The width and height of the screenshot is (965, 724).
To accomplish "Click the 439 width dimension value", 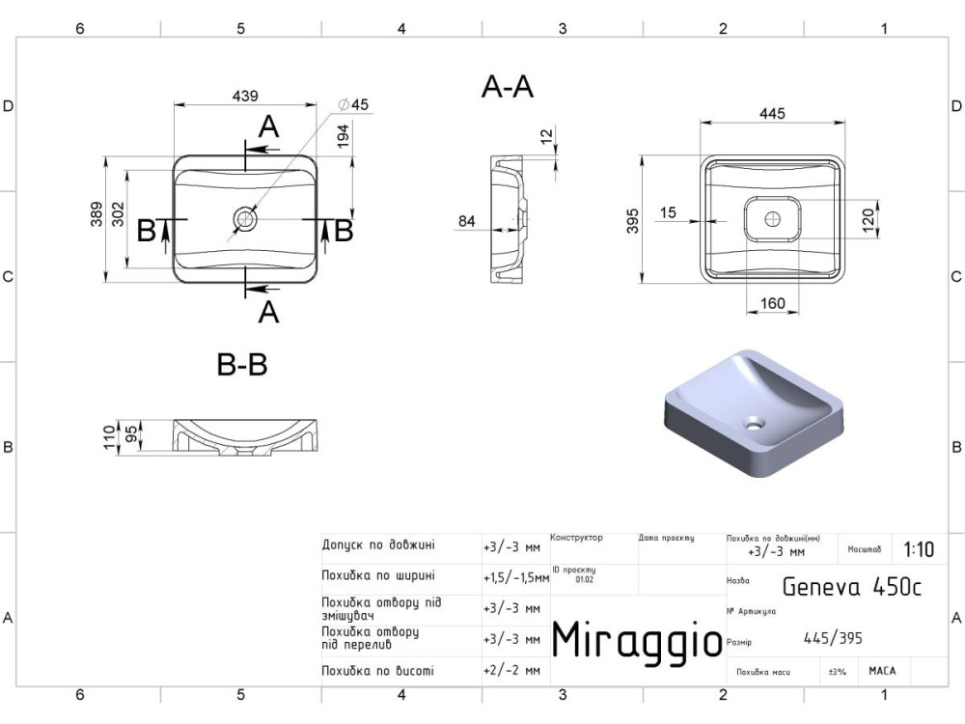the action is click(245, 96).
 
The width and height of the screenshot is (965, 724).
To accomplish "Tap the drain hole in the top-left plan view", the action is click(244, 220).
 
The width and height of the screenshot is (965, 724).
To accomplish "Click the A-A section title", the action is click(508, 88).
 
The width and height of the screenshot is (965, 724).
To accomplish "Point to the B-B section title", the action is click(241, 366).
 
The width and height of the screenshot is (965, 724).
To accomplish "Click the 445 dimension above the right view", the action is click(772, 113).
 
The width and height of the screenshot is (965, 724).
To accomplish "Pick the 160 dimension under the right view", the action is click(772, 304).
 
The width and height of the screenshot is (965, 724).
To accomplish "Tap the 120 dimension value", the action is click(868, 219).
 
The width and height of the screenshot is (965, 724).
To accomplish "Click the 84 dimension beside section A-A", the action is click(467, 221).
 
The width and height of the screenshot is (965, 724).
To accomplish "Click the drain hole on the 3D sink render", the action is click(753, 422).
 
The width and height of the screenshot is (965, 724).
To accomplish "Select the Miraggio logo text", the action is click(636, 639).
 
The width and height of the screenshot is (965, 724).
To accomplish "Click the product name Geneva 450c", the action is click(850, 586).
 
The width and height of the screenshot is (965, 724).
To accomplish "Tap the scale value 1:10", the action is click(918, 550).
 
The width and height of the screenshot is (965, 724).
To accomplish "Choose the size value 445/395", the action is click(833, 637).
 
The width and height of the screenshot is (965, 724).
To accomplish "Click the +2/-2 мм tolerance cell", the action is click(510, 670).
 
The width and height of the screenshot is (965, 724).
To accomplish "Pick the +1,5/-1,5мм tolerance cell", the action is click(515, 577).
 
